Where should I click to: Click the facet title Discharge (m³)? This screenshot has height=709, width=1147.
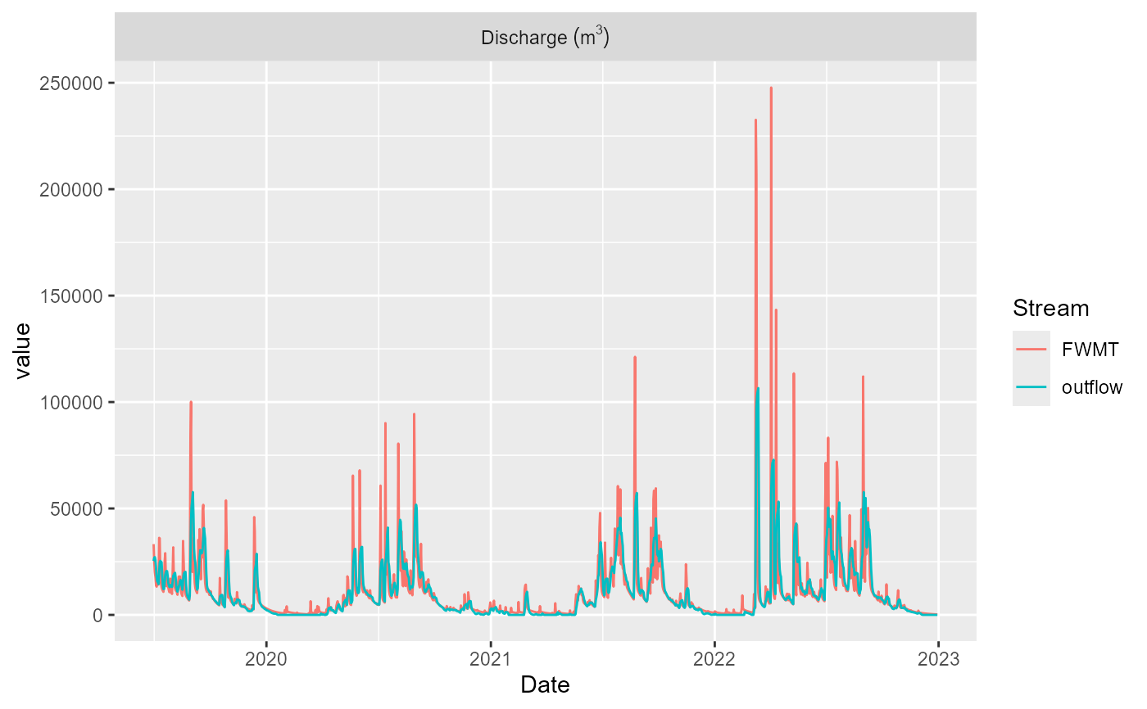coord(545,38)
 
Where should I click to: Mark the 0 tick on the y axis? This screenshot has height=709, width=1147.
coord(98,616)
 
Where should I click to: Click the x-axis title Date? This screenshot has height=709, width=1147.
coord(545,684)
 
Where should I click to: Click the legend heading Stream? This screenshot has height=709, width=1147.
coord(1050,309)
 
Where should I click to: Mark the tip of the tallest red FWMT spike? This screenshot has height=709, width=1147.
coord(771,88)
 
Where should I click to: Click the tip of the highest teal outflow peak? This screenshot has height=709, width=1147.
coord(758,388)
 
